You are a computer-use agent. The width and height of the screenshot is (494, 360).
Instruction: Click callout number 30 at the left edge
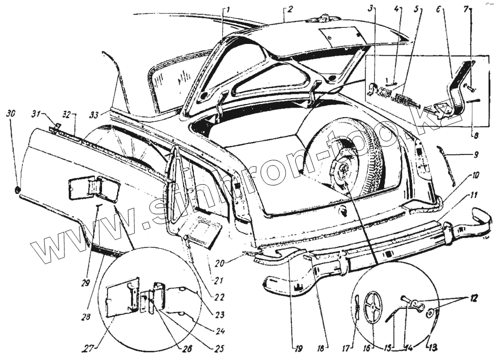pos(10,113)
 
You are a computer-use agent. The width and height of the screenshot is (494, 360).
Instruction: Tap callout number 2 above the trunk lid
pos(289,9)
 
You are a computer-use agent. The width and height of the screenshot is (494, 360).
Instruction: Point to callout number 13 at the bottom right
pos(433,347)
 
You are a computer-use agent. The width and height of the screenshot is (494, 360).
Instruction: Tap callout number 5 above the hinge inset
pos(415,9)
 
